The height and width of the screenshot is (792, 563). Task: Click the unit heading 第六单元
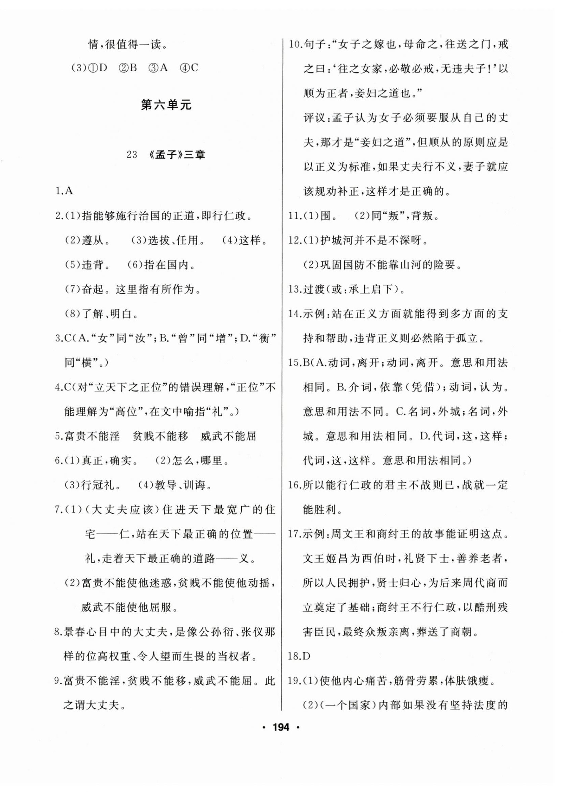166,105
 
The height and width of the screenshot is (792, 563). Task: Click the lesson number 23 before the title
132,155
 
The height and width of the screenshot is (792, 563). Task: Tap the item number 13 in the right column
295,289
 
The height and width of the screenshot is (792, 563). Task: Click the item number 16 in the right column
295,485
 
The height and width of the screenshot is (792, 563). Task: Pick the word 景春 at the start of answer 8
75,632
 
